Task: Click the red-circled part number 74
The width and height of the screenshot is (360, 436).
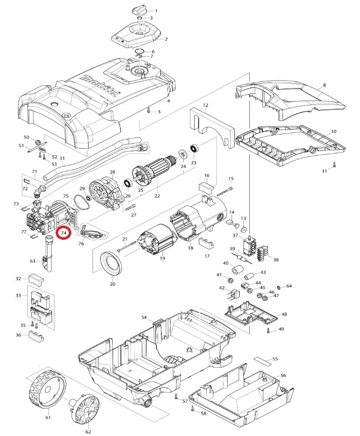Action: point(64,233)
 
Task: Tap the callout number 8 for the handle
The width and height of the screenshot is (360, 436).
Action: point(324,85)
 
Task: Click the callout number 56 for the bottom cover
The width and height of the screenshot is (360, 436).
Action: point(283,376)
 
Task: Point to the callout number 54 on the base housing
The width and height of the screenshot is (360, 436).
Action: point(144,317)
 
